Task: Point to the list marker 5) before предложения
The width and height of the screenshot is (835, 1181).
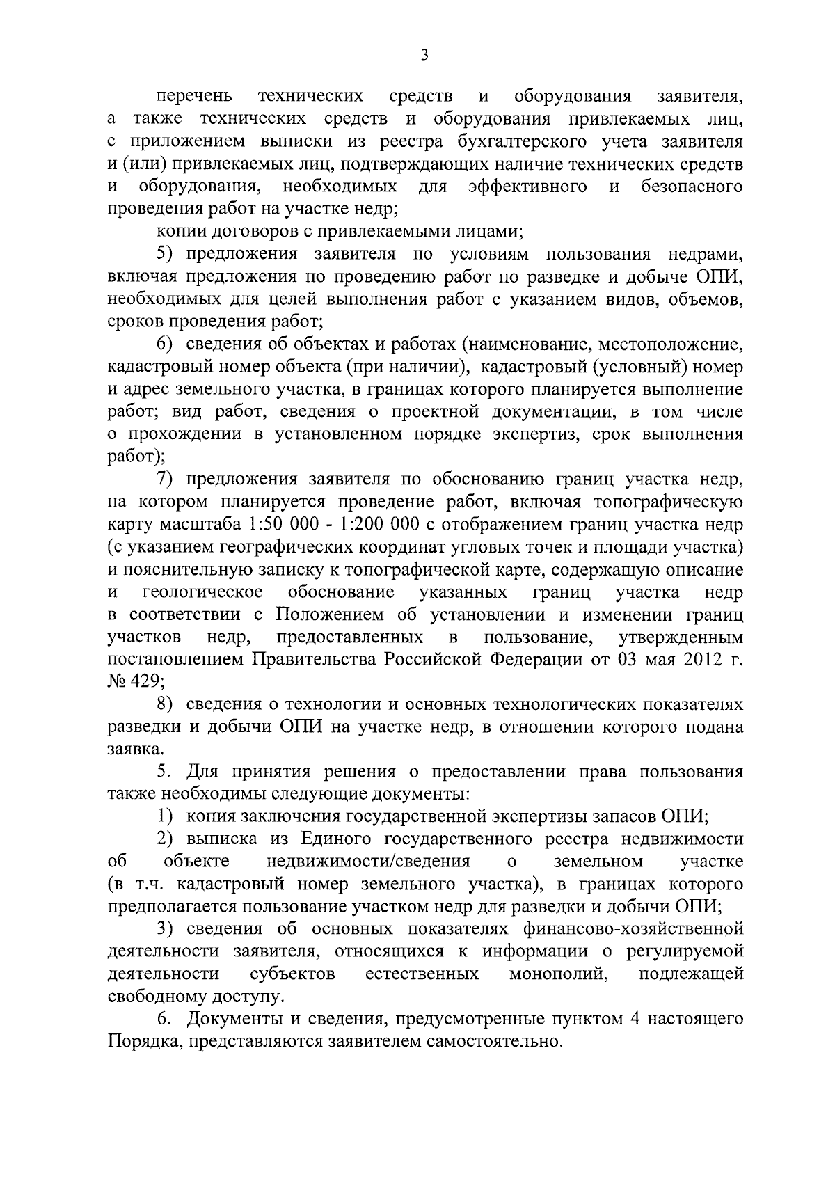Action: click(165, 254)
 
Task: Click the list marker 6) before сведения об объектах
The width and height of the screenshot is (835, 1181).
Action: click(165, 344)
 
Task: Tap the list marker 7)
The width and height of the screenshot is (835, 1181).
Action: click(165, 479)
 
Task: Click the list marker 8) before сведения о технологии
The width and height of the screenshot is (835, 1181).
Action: click(165, 705)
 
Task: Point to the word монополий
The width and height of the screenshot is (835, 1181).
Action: click(555, 974)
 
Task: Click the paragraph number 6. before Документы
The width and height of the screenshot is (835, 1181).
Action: click(164, 1020)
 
